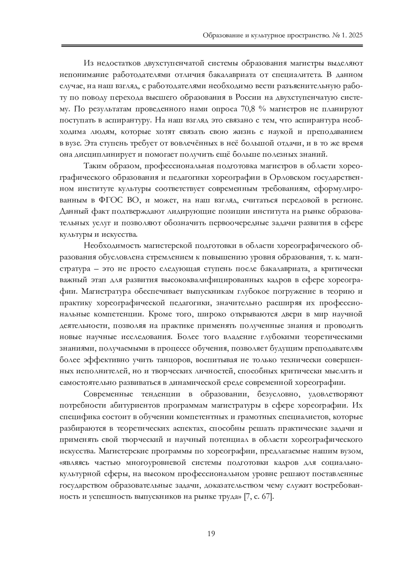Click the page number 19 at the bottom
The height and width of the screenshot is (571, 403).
[211, 533]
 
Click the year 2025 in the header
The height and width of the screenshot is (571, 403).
[354, 36]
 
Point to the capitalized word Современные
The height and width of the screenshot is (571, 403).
[108, 394]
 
